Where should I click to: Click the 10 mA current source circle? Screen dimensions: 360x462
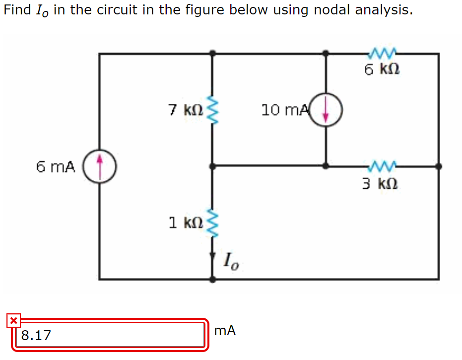pyautogui.click(x=326, y=110)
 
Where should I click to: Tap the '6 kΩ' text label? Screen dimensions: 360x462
pyautogui.click(x=382, y=70)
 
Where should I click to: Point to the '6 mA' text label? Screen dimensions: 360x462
pyautogui.click(x=56, y=167)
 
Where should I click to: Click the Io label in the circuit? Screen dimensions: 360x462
pyautogui.click(x=232, y=260)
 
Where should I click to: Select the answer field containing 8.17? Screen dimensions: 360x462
pyautogui.click(x=109, y=335)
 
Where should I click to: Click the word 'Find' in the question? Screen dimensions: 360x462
pyautogui.click(x=17, y=10)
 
